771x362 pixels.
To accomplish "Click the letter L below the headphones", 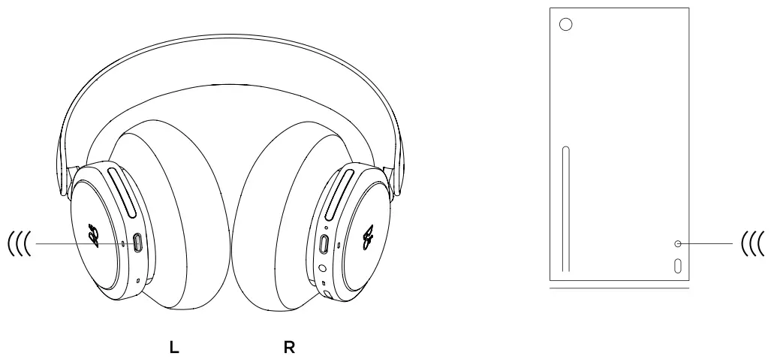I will click(173, 348).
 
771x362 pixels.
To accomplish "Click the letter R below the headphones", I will click(288, 348).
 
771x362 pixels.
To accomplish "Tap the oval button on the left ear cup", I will click(137, 243).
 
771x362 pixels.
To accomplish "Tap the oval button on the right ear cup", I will click(324, 245).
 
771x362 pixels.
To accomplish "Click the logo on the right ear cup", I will click(368, 237).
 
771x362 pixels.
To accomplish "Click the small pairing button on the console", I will click(678, 243).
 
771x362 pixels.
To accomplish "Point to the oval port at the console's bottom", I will click(678, 266).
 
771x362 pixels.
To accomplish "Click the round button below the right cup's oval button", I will click(323, 268).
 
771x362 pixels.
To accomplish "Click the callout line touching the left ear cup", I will click(75, 243).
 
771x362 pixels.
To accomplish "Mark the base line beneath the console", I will click(619, 287).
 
